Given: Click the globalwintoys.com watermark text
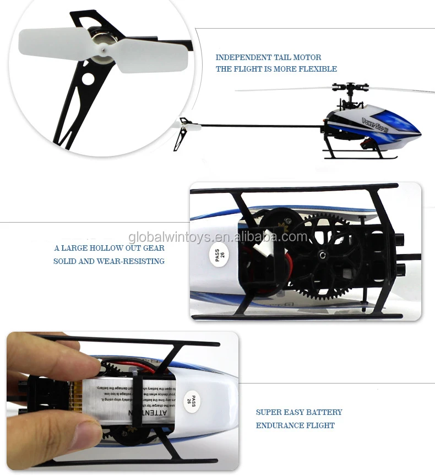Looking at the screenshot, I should click(218, 237).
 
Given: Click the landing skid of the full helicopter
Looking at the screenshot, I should click(361, 157).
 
